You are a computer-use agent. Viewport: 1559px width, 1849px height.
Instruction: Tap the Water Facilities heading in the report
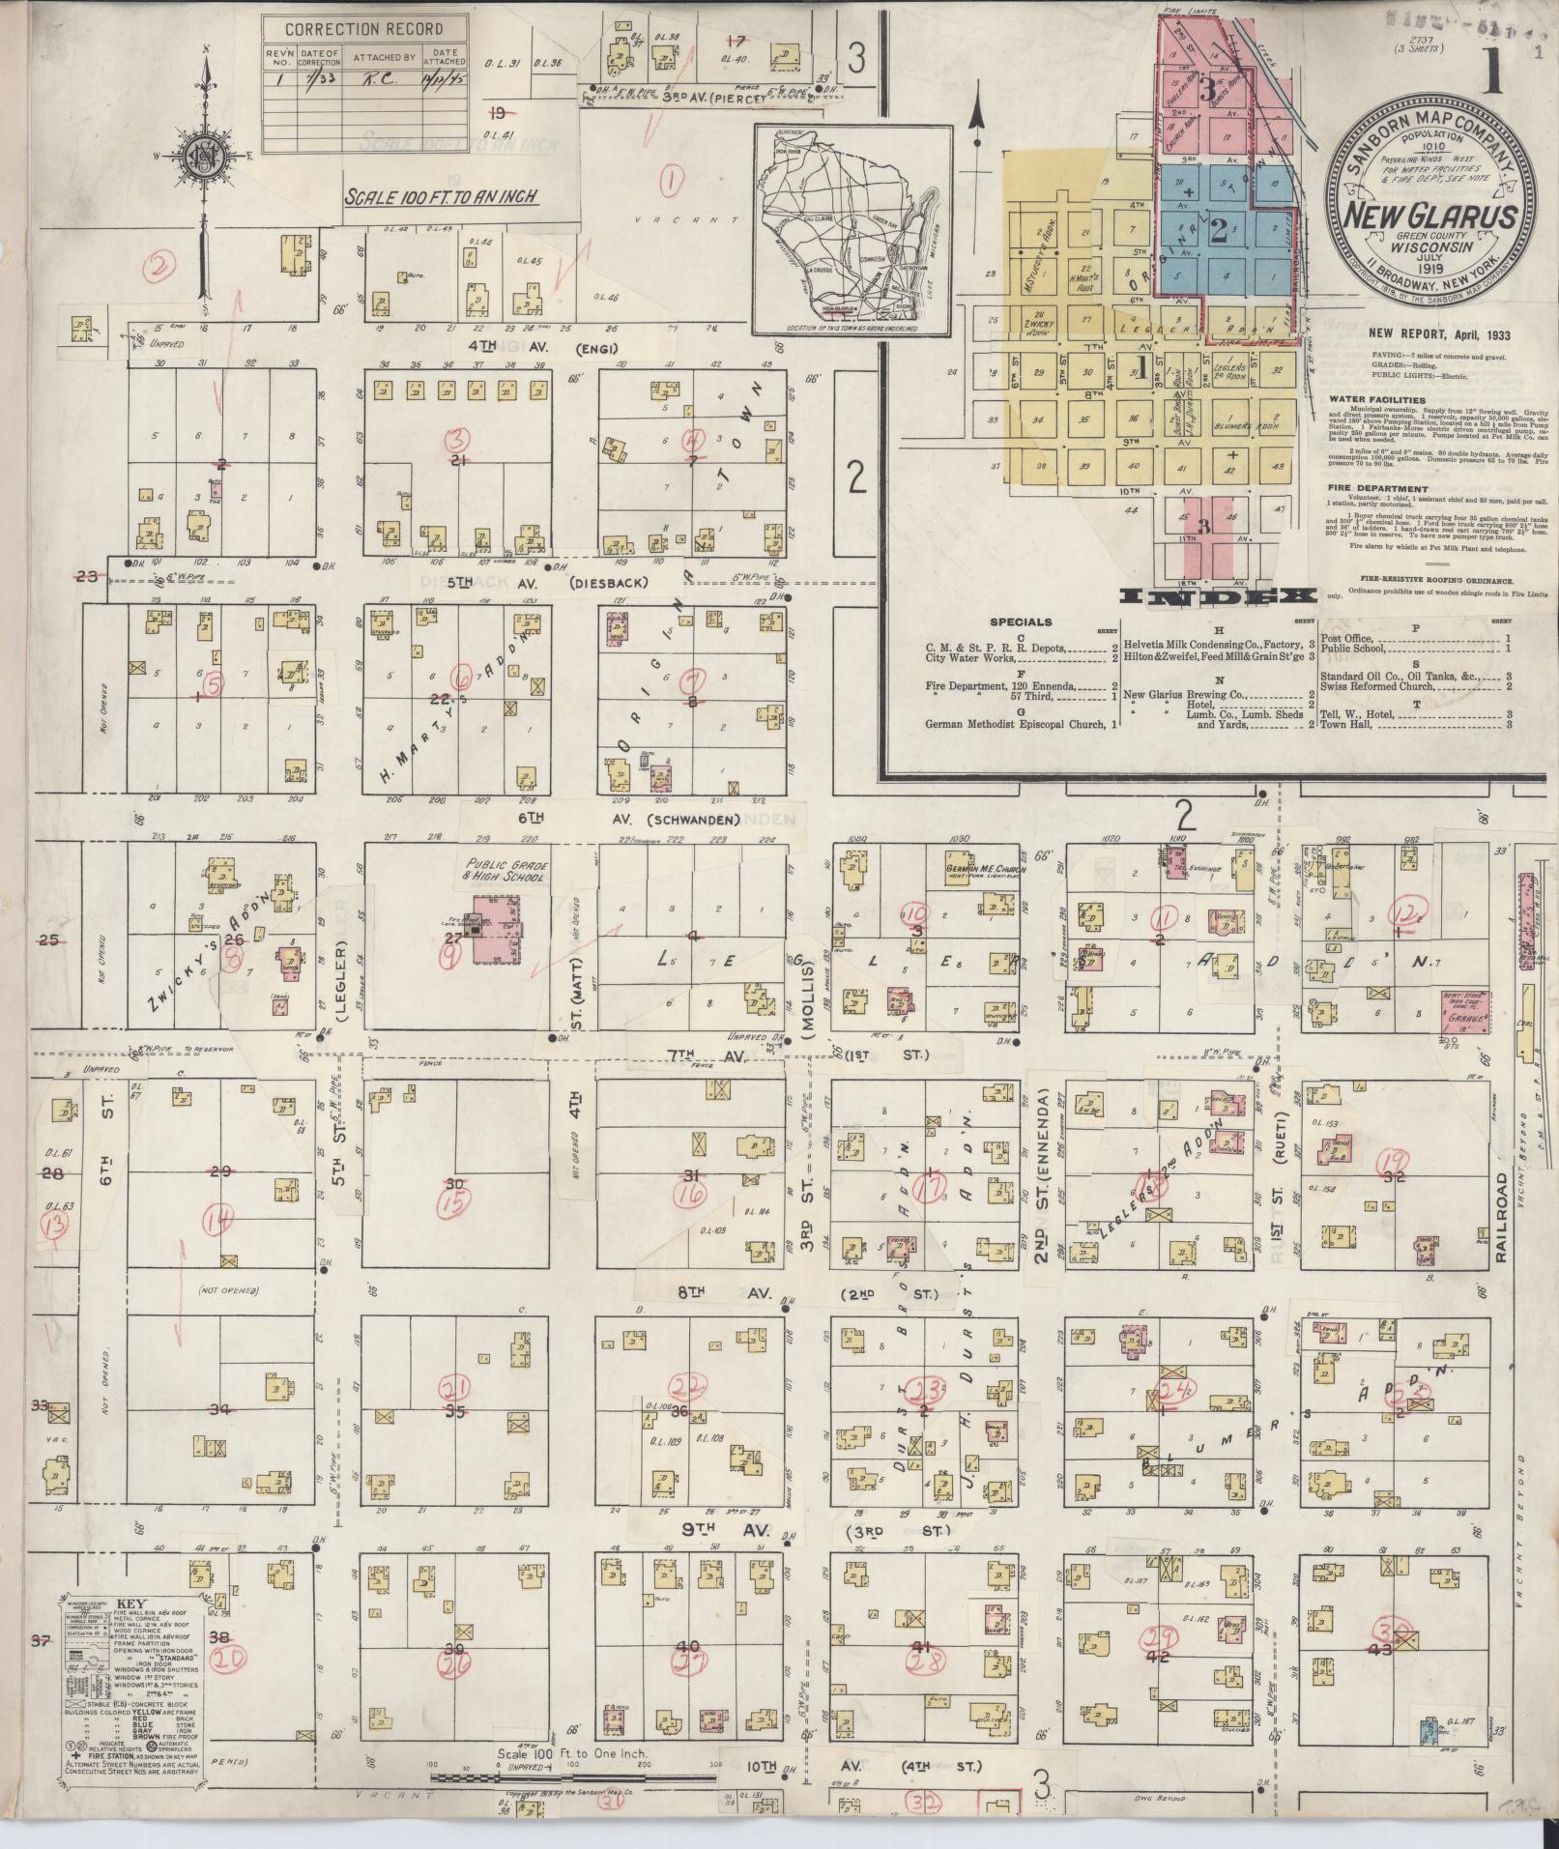(x=1377, y=398)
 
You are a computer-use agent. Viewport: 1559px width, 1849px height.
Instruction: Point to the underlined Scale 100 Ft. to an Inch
(x=442, y=197)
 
